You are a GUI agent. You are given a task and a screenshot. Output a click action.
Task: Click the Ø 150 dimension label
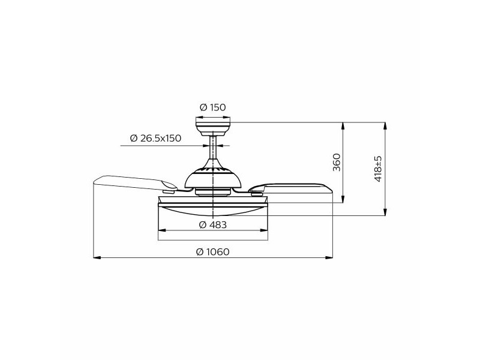coord(213,107)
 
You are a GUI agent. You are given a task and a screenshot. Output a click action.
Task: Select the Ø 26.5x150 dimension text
coord(155,138)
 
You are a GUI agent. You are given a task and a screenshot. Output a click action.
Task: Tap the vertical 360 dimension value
coord(337,162)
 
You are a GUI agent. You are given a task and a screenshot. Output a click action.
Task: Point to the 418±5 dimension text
coord(379,169)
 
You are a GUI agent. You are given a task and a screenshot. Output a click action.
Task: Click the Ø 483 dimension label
coord(213,225)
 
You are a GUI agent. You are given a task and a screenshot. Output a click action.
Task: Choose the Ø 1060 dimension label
coord(213,252)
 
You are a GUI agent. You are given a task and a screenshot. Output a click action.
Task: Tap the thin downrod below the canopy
coord(213,148)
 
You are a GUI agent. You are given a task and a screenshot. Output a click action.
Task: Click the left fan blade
coord(134,183)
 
